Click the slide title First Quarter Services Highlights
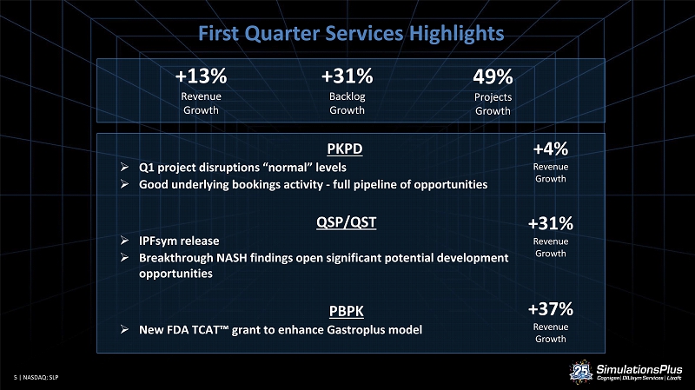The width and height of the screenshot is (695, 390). (351, 33)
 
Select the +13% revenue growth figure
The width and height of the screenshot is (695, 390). (201, 76)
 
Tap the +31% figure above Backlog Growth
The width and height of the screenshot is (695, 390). (347, 76)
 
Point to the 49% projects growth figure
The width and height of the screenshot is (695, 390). (493, 76)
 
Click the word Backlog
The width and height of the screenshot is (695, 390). (347, 96)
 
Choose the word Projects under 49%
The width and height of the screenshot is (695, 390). (493, 97)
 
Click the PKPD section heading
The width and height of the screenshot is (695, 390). (345, 149)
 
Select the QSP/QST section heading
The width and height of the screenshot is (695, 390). (346, 222)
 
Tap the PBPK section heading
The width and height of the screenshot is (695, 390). (346, 311)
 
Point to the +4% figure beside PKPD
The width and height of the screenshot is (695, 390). (551, 149)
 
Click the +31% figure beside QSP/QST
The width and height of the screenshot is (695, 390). (551, 223)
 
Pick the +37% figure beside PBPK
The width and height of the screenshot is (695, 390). (551, 309)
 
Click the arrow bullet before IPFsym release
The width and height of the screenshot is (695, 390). (124, 241)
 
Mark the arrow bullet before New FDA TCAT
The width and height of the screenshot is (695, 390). (124, 329)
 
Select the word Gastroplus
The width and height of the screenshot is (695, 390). (356, 330)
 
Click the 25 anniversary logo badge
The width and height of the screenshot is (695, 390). (581, 372)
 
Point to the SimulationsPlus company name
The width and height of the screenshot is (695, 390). (639, 369)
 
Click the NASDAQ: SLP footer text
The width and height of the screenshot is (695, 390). (40, 378)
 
